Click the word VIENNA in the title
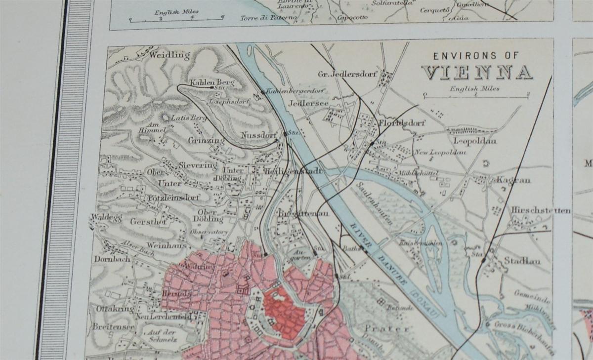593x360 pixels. tap(476, 73)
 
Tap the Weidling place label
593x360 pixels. tap(169, 55)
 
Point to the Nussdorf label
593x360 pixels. tap(257, 134)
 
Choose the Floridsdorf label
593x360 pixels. tap(402, 123)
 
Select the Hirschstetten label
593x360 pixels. tap(541, 210)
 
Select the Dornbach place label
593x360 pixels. tap(112, 259)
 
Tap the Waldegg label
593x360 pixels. tap(106, 217)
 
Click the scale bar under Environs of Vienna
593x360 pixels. tap(475, 96)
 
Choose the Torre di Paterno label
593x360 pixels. tap(269, 18)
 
